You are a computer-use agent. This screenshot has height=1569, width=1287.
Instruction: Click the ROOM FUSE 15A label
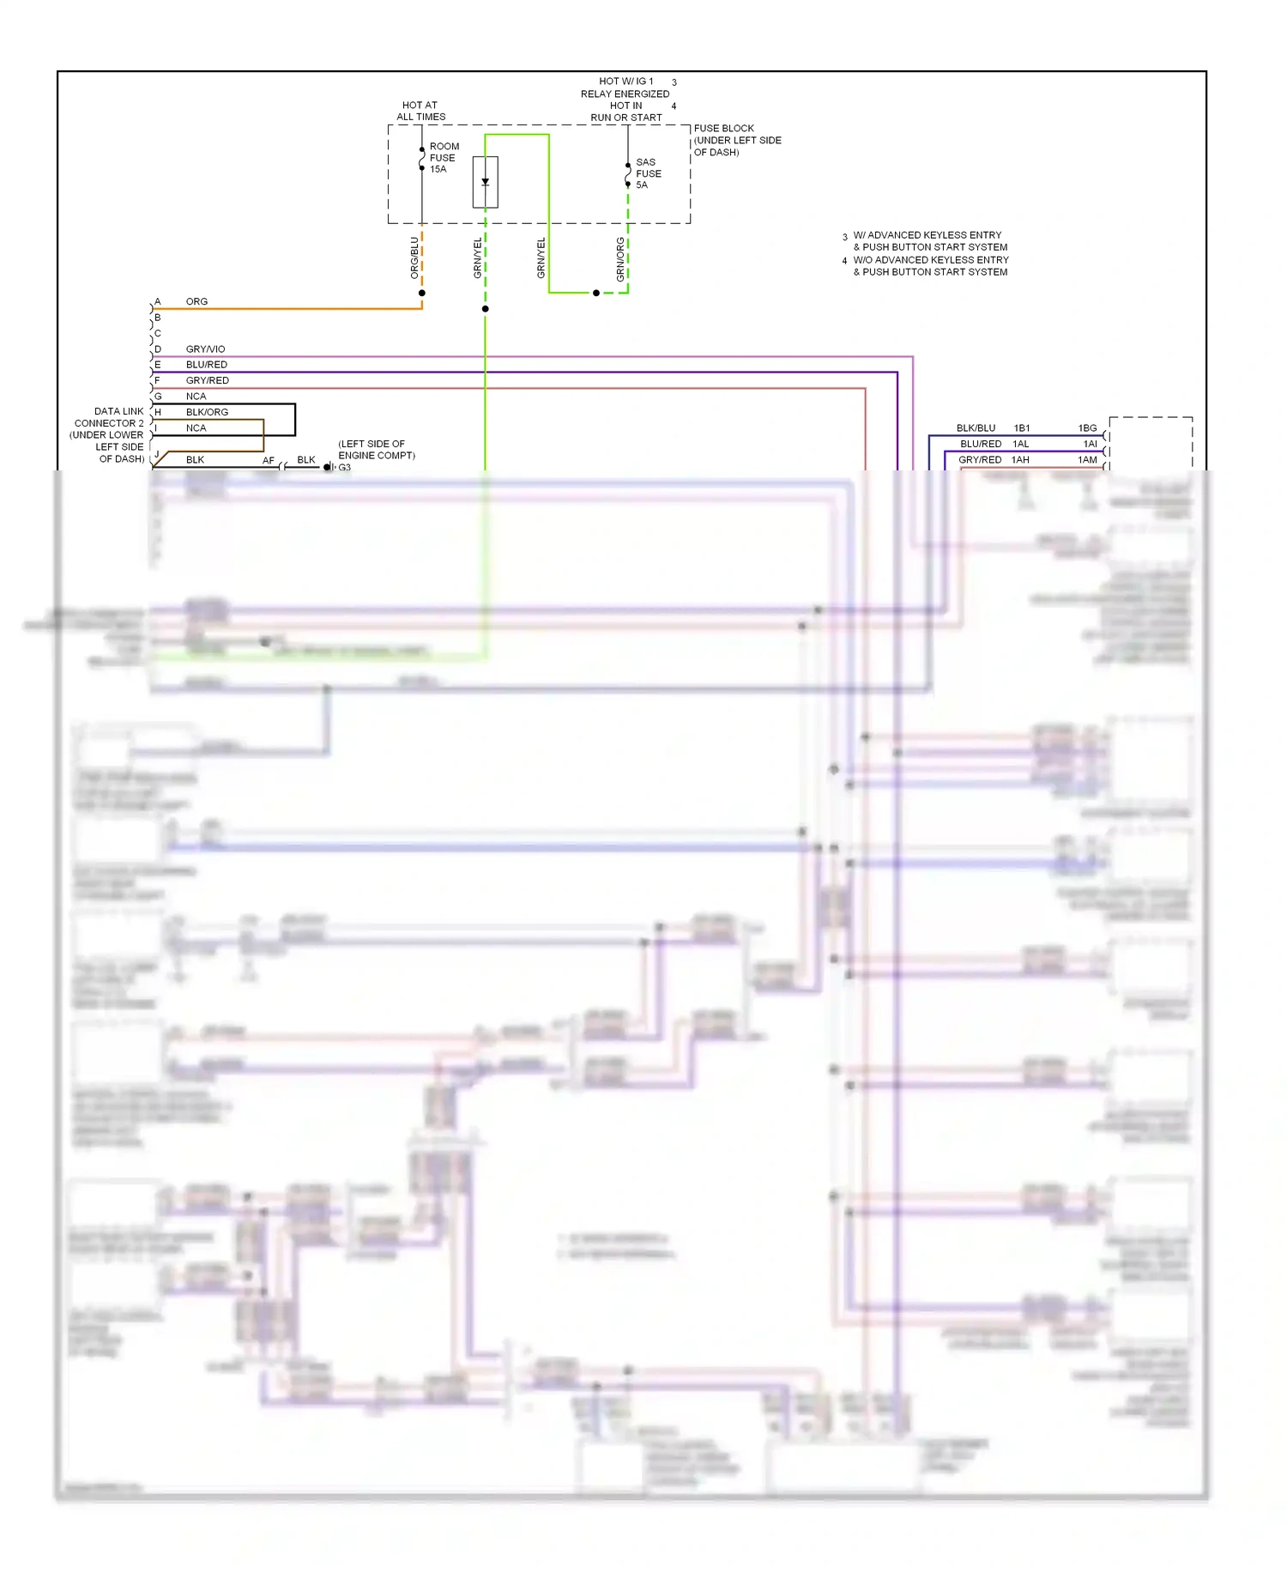[444, 158]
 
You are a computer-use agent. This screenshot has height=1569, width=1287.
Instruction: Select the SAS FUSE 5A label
[648, 173]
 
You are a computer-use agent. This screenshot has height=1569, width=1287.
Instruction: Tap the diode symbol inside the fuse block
[485, 182]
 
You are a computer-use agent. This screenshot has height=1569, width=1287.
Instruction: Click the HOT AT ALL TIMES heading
[420, 111]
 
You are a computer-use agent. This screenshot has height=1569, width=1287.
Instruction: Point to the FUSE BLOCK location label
[736, 140]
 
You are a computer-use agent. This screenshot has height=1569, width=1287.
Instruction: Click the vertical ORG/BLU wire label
[414, 257]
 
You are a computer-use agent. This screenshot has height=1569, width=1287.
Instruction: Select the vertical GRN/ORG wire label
[620, 259]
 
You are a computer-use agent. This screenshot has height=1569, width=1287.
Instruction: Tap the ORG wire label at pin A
[196, 301]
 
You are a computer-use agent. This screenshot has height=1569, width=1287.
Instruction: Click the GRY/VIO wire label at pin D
[205, 349]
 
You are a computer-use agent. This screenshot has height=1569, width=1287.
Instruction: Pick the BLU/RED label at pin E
[206, 365]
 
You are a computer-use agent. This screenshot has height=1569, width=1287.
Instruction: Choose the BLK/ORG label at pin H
[207, 412]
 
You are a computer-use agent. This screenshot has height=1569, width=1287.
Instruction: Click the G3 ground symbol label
[344, 468]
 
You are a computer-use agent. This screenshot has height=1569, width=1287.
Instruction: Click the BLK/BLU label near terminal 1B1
[976, 427]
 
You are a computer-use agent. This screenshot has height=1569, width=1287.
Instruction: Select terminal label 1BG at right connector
[1087, 427]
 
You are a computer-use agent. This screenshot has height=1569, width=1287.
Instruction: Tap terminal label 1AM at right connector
[1087, 460]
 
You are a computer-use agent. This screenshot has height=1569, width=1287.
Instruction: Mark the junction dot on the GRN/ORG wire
[596, 294]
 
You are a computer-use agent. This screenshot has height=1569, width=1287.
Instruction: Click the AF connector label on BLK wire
[269, 461]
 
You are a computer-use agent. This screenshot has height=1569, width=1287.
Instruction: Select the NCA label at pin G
[196, 397]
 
